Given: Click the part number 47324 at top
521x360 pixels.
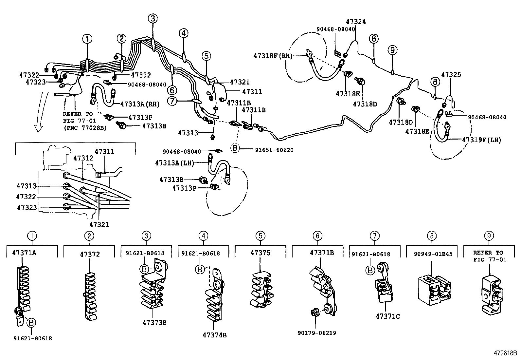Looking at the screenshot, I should pos(356,22).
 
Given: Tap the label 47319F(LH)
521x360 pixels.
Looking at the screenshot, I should pos(481,140).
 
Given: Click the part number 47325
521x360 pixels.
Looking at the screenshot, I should pos(451,74).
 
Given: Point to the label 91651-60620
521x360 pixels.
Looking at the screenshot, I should pos(274,150).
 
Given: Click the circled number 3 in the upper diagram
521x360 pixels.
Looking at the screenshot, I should pos(153,19).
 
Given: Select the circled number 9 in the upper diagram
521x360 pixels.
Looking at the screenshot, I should pos(393,50).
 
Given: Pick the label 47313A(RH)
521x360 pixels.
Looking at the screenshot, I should pos(140,104).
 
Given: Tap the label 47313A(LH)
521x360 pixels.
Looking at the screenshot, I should pos(175,163).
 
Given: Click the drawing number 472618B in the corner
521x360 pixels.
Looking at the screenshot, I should pos(505,353).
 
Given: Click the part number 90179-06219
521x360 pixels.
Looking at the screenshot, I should pos(317,333).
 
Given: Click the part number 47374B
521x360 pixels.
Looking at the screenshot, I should pos(214,335).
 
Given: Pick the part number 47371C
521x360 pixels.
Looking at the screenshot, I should pos(387,316).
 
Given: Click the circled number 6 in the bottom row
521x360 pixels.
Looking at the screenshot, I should pos(317,236).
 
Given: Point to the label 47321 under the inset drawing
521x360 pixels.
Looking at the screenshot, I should pos(99,224).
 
